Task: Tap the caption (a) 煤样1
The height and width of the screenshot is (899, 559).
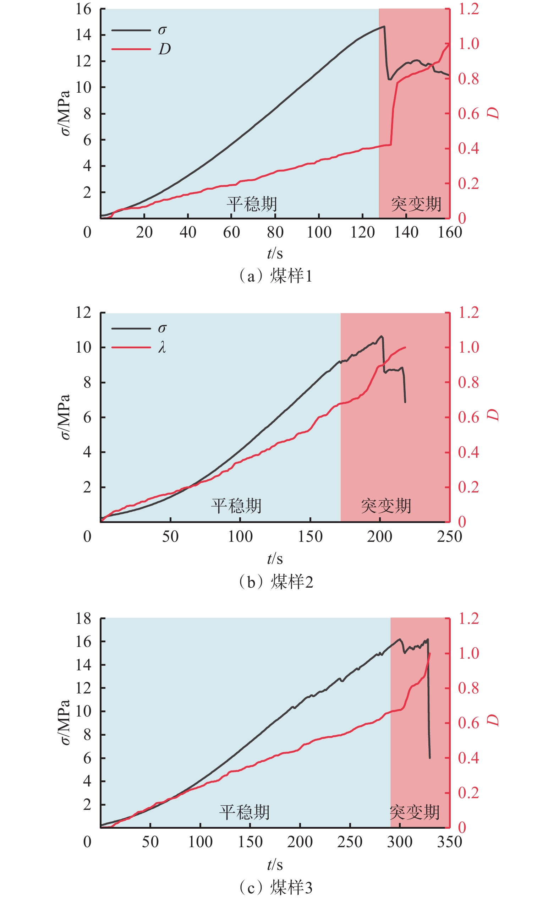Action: coord(276,276)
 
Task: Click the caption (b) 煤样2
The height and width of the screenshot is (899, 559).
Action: coord(276,582)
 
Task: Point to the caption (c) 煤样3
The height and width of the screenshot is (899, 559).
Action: coord(276,887)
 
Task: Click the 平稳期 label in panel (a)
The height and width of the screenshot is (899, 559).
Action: coord(252,204)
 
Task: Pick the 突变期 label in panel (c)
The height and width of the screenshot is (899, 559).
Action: coord(415,812)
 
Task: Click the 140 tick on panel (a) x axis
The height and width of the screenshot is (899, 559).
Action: coord(406,232)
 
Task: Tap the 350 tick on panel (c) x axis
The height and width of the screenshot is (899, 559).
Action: coord(449,842)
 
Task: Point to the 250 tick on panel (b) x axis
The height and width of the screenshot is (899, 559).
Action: coord(449,536)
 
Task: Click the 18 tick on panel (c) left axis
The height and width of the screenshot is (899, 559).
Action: coord(83,618)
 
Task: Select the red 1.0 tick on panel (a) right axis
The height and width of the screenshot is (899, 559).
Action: coord(468,44)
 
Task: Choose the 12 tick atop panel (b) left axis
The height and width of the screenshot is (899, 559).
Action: coord(83,313)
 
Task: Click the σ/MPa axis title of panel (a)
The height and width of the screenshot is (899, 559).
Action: coord(65,113)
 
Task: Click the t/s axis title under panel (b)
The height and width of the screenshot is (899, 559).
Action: coord(275,559)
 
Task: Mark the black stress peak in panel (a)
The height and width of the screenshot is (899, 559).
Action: coord(384,26)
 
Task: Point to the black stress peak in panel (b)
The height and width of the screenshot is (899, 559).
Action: coord(382,336)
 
